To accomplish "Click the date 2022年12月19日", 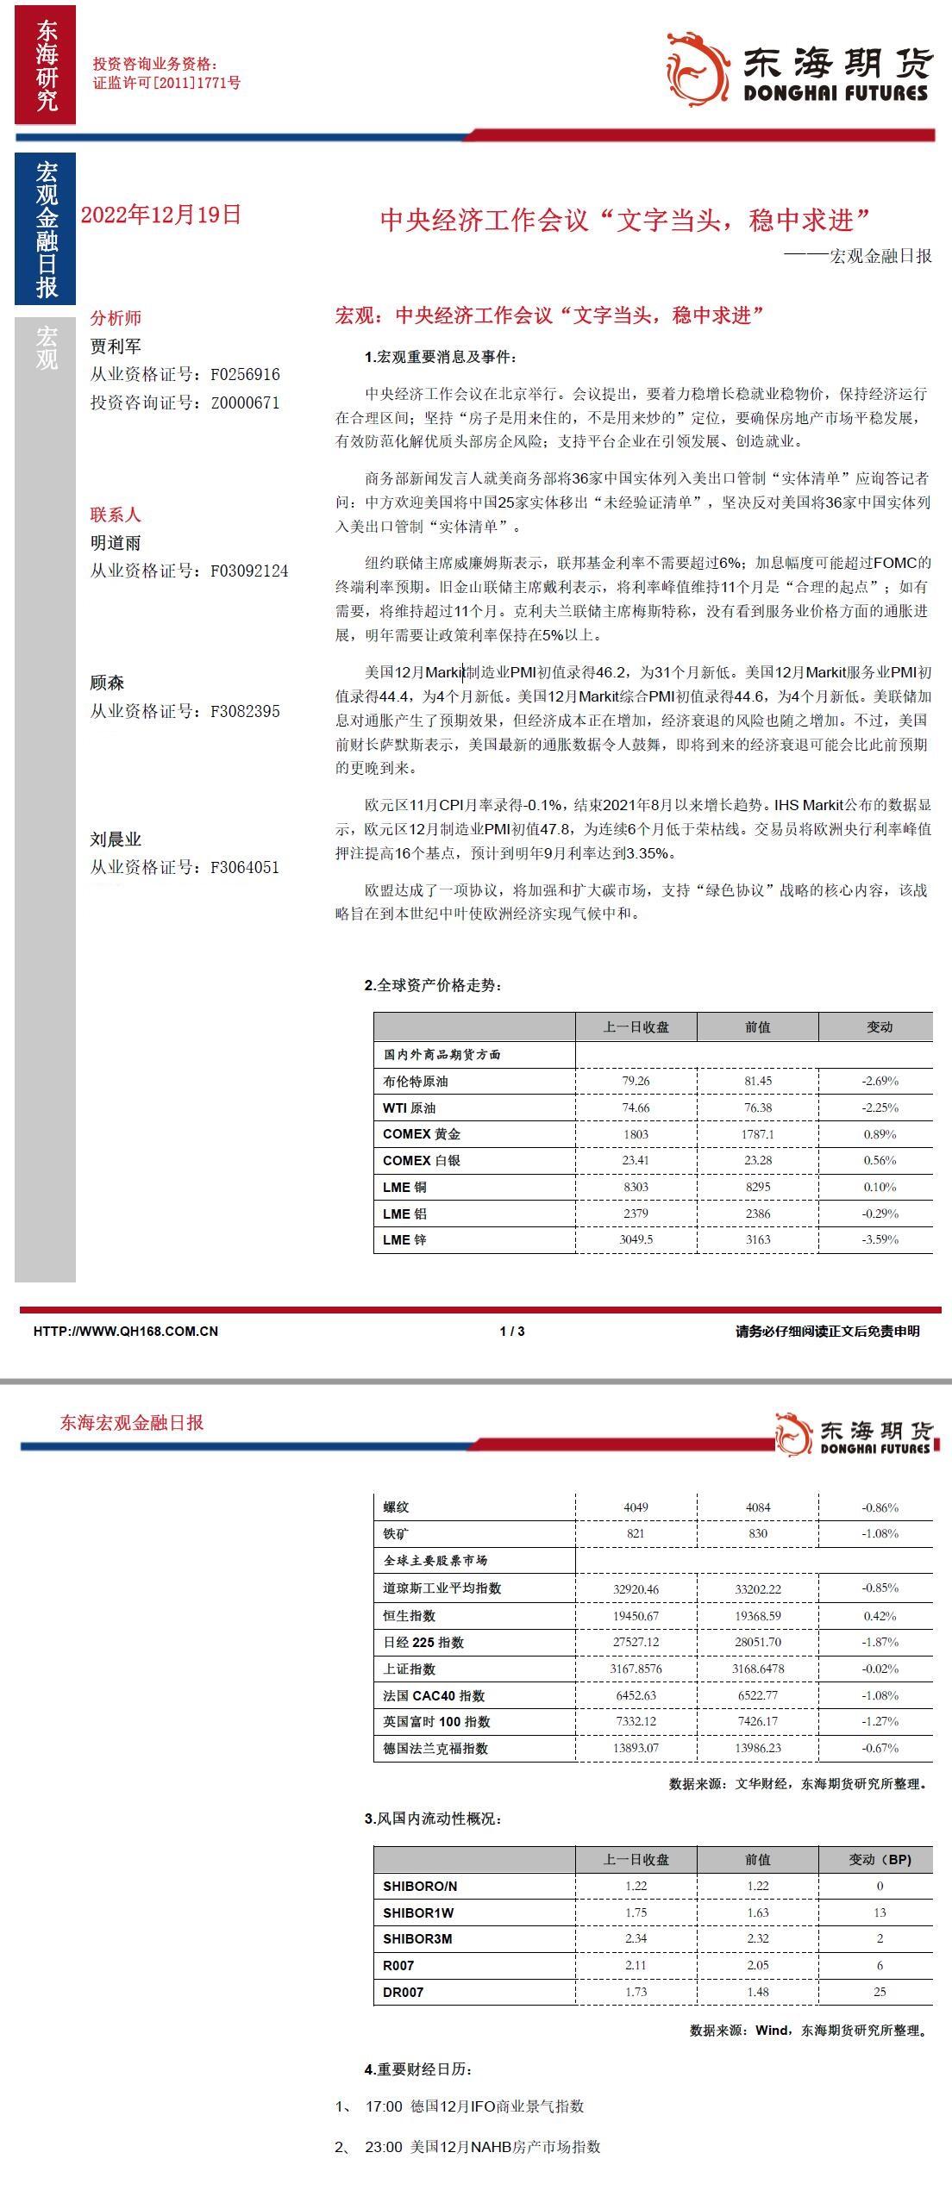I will [161, 215].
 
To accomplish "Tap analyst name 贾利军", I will [116, 346].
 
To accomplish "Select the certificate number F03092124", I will [249, 571].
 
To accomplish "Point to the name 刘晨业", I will [116, 839].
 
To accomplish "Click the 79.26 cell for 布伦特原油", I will [636, 1081].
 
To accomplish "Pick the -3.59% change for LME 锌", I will [880, 1239].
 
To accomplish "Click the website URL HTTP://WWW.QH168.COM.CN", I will [126, 1331].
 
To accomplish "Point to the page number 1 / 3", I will [512, 1331].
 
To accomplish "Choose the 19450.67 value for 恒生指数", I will [636, 1616].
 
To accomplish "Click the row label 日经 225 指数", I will [423, 1642].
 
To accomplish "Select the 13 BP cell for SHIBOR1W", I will [880, 1912].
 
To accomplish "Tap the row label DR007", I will [403, 1992].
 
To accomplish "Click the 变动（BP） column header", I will [880, 1859].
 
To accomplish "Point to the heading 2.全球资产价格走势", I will [433, 985].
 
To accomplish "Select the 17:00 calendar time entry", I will [384, 2106].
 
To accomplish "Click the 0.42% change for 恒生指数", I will [880, 1616].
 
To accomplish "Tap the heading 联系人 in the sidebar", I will [116, 515].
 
